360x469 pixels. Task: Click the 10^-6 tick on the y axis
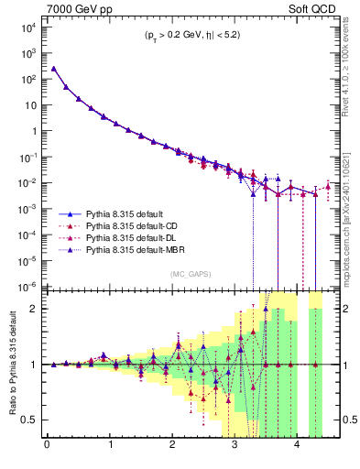[30, 287]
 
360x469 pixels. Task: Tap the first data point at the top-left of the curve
[54, 68]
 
